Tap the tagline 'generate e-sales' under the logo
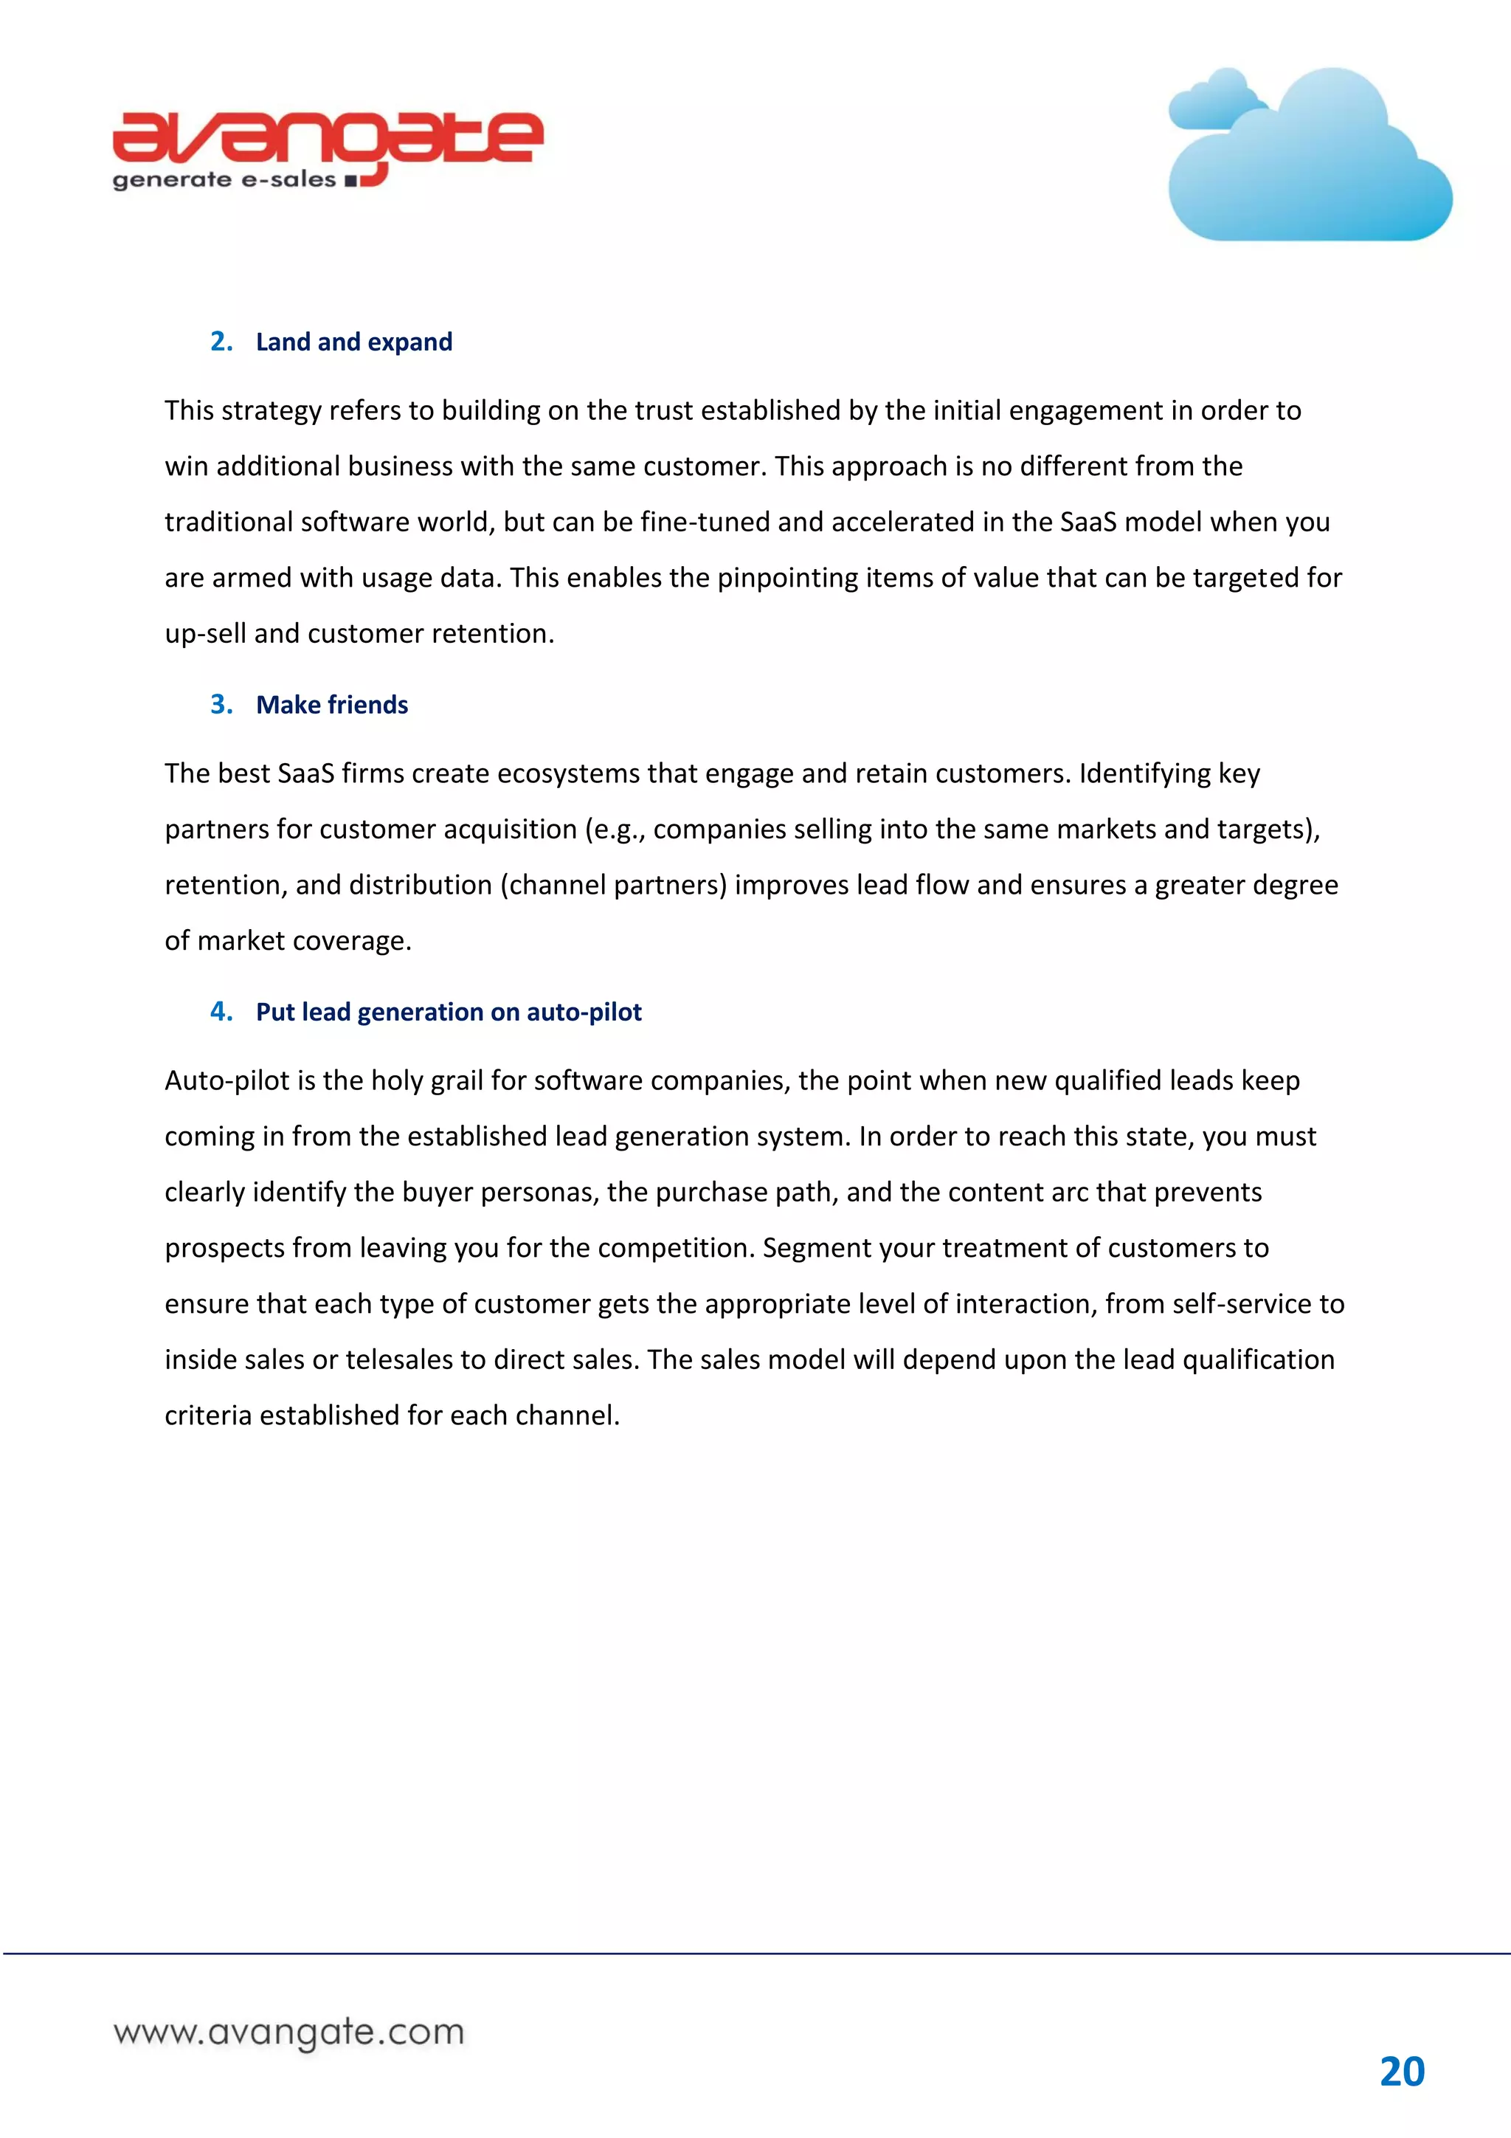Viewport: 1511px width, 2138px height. click(224, 180)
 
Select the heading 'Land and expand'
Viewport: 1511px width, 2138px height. click(354, 342)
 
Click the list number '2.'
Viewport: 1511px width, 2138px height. click(221, 342)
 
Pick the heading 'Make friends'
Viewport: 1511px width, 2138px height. click(331, 705)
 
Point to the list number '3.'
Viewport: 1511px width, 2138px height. click(221, 705)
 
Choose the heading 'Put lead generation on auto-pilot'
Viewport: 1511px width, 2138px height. click(449, 1013)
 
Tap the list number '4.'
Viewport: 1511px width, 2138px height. click(221, 1013)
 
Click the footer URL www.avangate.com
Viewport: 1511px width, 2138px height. click(288, 2032)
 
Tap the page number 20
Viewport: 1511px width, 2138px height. click(1401, 2072)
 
